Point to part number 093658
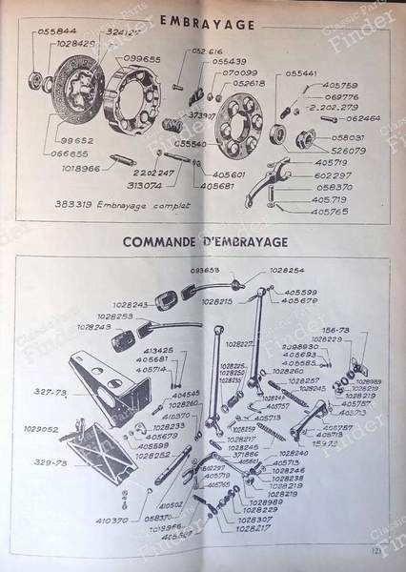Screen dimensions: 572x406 (x=206, y=270)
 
